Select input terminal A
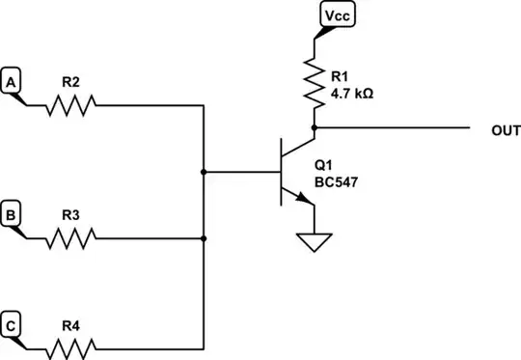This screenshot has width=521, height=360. (x=13, y=83)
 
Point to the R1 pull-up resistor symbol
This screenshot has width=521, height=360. (x=315, y=81)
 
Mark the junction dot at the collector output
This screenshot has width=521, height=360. (x=315, y=126)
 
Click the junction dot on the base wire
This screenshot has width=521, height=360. (x=204, y=172)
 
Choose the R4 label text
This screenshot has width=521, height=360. (x=70, y=325)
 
